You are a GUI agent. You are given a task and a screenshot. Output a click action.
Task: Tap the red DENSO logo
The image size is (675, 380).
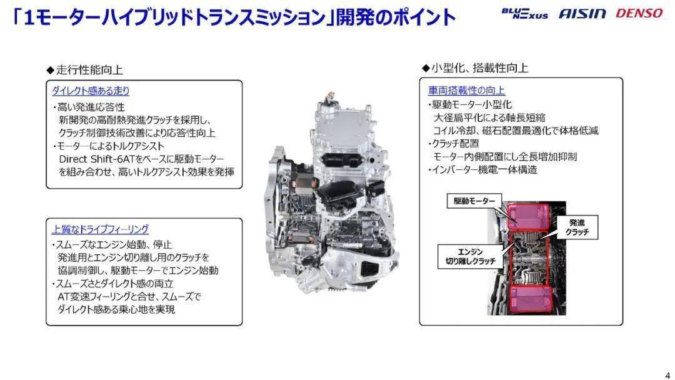[x=639, y=13]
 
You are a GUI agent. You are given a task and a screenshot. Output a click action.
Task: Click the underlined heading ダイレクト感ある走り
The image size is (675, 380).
[x=91, y=91]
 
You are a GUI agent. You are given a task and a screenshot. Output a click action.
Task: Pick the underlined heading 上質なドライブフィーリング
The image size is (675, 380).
[x=100, y=229]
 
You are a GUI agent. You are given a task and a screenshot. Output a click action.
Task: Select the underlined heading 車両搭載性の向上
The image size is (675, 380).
[x=466, y=91]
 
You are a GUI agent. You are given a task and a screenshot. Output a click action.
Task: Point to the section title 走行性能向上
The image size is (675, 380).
[x=85, y=70]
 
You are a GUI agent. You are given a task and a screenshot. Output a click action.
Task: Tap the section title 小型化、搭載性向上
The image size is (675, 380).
[x=475, y=67]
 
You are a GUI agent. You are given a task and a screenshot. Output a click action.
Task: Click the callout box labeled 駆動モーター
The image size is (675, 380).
[x=474, y=201]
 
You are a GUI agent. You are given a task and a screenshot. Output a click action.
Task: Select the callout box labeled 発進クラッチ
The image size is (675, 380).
[x=577, y=227]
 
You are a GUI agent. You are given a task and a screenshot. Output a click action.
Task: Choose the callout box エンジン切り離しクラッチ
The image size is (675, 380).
[x=470, y=256]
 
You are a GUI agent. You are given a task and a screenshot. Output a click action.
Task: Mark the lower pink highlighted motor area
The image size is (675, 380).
[x=529, y=299]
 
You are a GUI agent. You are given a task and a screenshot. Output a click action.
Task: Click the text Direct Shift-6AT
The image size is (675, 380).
[x=97, y=159]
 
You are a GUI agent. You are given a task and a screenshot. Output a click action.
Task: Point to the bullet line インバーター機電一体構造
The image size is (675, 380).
[x=482, y=169]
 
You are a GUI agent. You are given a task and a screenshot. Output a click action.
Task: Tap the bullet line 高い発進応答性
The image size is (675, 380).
[x=89, y=107]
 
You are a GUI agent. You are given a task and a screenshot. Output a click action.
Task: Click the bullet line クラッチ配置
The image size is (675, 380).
[x=453, y=143]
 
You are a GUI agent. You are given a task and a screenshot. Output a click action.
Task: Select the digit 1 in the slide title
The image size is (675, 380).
[x=29, y=17]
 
